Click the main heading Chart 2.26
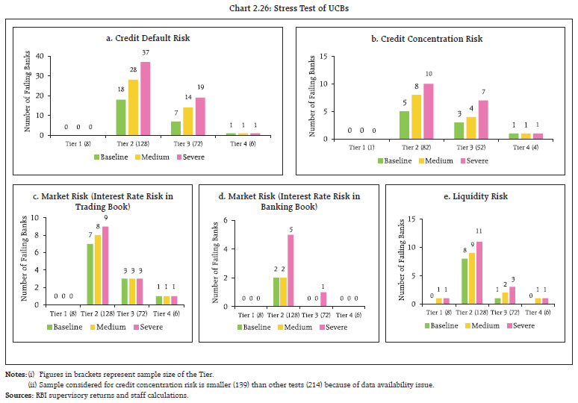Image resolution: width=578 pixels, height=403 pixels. coord(289,10)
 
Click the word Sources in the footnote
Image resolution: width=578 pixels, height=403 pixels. coord(18,395)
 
